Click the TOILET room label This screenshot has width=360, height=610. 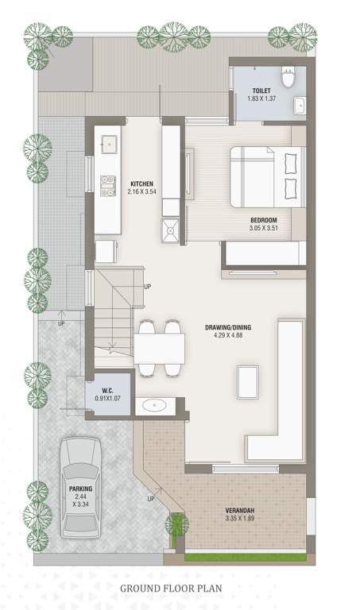coord(262,91)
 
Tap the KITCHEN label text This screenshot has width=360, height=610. coord(142,183)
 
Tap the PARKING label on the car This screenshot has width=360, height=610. coord(80,488)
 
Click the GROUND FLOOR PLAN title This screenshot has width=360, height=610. coord(171,589)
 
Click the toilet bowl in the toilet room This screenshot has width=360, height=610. coord(292,76)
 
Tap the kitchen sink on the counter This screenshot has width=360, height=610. coord(108,144)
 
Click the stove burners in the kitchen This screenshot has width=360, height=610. coord(108,184)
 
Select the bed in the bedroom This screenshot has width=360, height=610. coord(267,176)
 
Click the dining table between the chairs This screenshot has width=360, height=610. coord(159,347)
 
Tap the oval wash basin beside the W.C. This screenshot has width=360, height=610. coord(153,406)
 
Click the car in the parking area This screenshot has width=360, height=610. coord(80,486)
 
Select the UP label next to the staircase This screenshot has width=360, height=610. coord(148,287)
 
